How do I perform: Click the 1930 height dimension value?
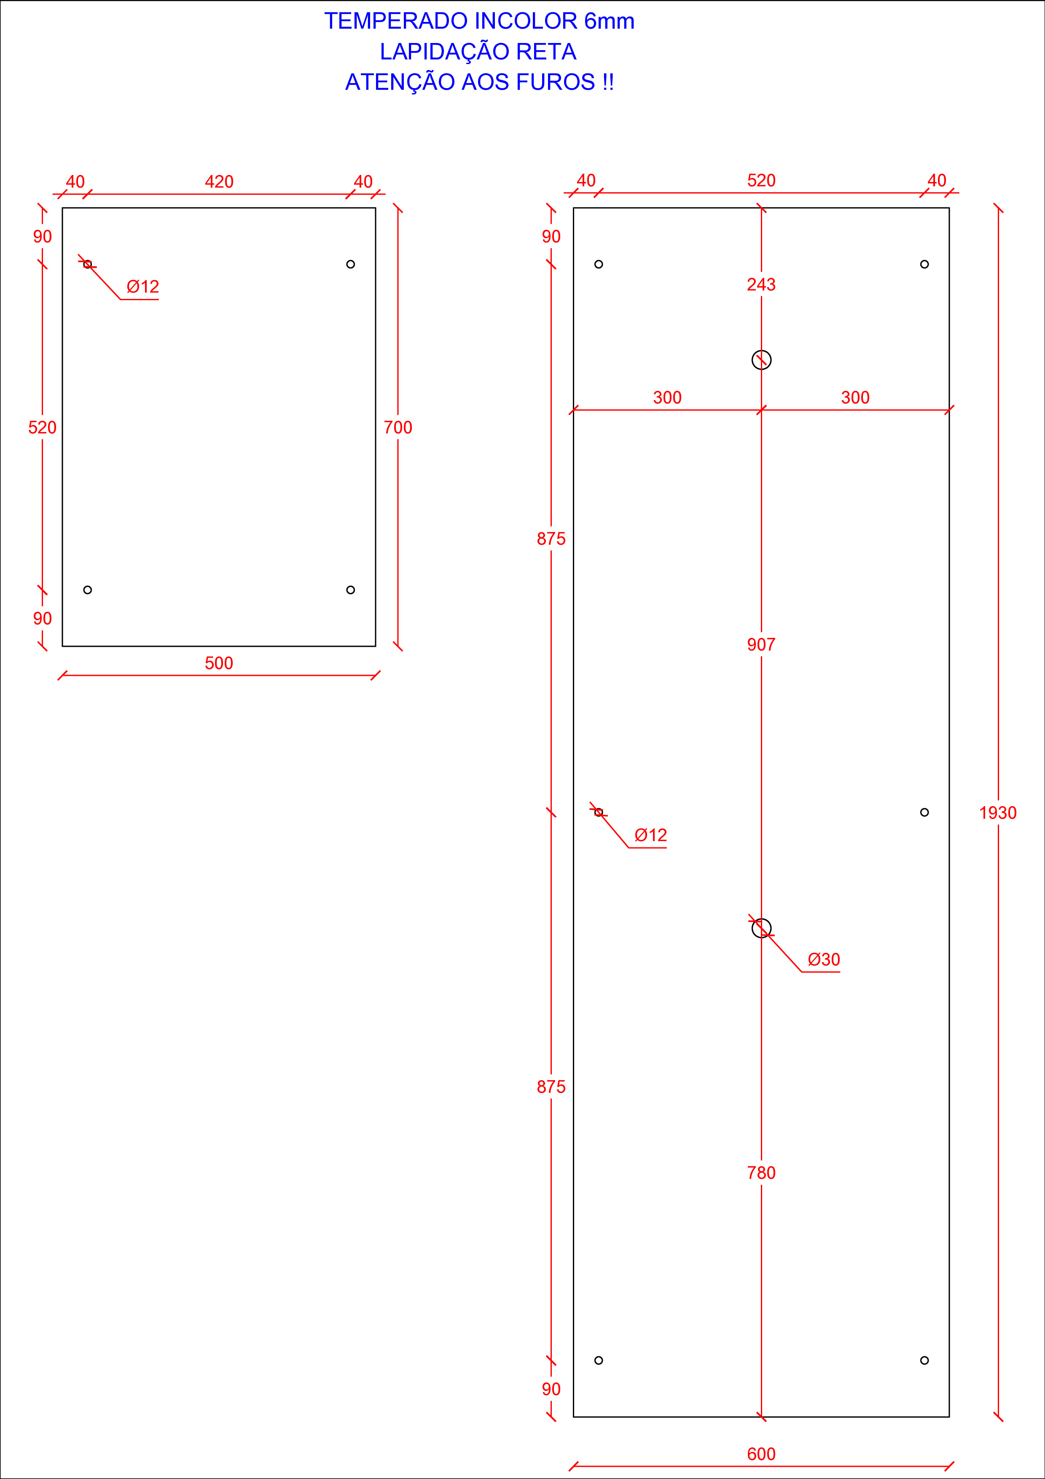pos(997,813)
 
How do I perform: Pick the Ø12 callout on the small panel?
pos(142,287)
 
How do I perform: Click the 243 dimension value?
pos(761,284)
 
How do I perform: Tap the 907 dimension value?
pos(761,644)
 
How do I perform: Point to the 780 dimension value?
pos(761,1172)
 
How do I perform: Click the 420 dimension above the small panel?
pos(219,182)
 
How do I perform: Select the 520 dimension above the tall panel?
pos(761,180)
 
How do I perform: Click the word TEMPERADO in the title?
pos(396,21)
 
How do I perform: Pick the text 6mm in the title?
pos(609,21)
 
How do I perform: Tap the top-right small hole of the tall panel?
pos(924,264)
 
